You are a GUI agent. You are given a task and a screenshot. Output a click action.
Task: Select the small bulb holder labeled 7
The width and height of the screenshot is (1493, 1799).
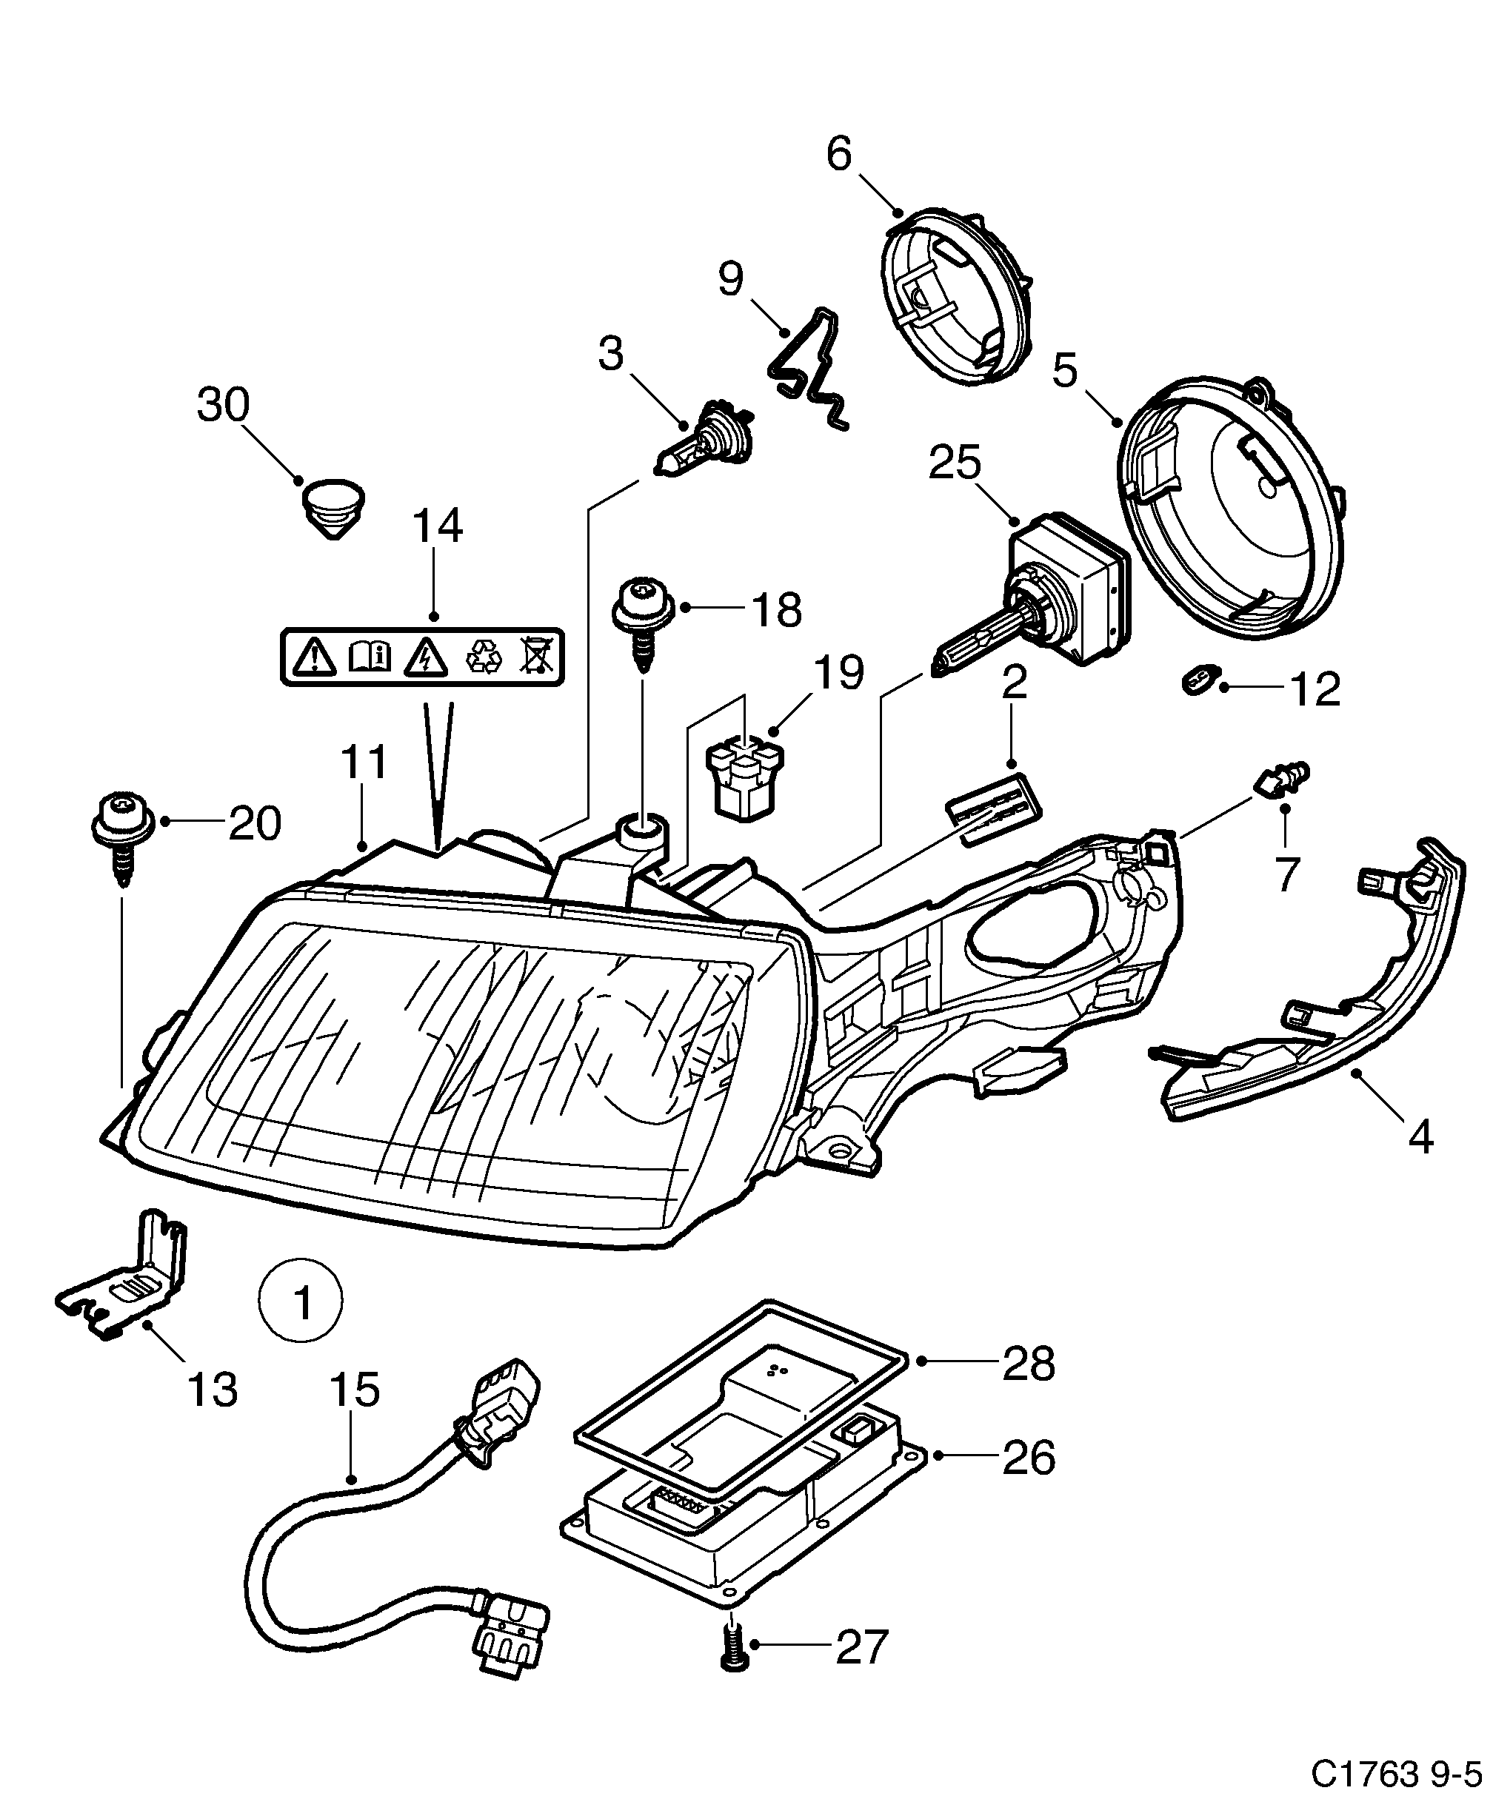pos(1280,776)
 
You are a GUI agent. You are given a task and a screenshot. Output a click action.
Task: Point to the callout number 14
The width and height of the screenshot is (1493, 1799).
pos(437,526)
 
